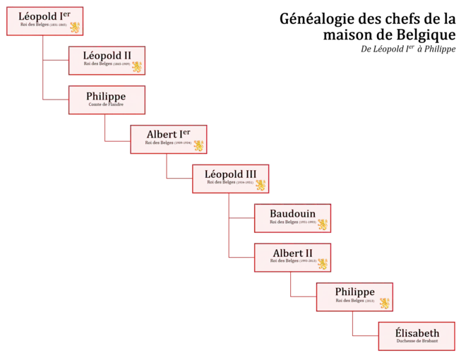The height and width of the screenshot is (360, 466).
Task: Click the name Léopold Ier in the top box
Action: (x=44, y=17)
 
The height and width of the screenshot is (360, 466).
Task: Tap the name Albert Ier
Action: (x=167, y=134)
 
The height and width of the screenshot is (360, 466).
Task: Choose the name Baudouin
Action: (x=292, y=213)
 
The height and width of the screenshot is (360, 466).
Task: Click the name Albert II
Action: (x=292, y=253)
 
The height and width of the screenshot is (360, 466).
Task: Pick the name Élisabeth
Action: (x=417, y=333)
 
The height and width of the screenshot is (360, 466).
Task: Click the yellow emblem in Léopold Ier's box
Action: (x=76, y=28)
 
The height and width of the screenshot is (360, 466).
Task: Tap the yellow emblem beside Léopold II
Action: (x=137, y=66)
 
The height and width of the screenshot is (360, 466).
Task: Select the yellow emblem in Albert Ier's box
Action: (x=199, y=145)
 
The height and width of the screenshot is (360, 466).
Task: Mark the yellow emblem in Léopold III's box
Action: (x=261, y=185)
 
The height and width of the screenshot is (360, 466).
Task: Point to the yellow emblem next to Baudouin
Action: (x=323, y=224)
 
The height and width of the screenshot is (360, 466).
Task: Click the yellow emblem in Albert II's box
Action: (x=323, y=264)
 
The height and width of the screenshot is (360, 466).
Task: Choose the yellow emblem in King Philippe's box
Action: (x=386, y=304)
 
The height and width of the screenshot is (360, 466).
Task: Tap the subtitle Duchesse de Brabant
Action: (x=417, y=342)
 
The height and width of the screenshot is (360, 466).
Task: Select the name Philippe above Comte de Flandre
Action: (x=106, y=96)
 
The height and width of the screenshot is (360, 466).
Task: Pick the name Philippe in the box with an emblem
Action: (x=354, y=292)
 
